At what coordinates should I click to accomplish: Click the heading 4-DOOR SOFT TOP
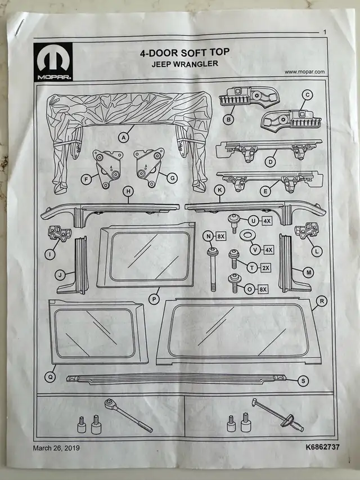pyautogui.click(x=184, y=53)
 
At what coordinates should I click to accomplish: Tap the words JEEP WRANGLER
pyautogui.click(x=184, y=64)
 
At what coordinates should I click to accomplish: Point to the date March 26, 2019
pyautogui.click(x=56, y=448)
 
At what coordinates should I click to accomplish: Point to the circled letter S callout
pyautogui.click(x=304, y=381)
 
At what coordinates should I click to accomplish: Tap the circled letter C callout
pyautogui.click(x=307, y=95)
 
